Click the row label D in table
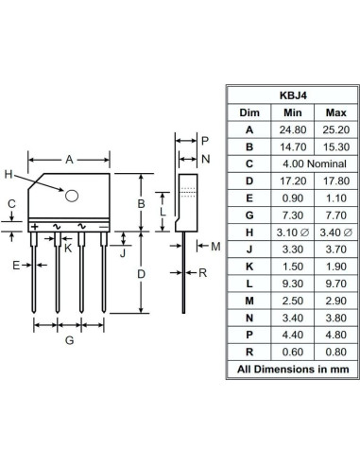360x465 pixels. tap(249, 181)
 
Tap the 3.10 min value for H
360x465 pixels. tap(289, 232)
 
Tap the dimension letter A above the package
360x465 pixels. tap(68, 161)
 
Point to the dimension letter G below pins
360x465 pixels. tap(69, 340)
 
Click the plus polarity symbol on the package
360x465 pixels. tap(35, 226)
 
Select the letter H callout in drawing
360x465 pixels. tap(9, 175)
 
